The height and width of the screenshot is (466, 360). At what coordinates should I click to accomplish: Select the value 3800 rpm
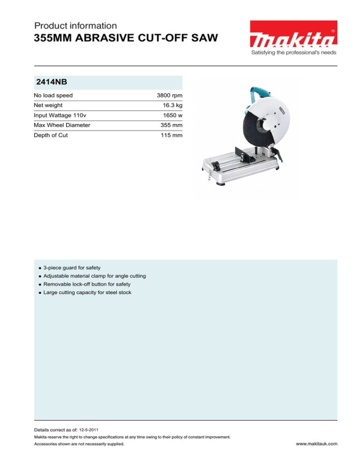169,96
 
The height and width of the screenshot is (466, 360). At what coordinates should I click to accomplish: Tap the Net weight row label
48,106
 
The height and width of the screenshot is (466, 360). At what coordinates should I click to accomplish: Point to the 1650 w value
172,116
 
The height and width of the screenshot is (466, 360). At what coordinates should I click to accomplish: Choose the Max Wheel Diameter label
62,126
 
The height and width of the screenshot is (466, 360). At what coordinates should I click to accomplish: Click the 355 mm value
171,126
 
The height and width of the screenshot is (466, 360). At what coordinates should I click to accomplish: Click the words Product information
75,26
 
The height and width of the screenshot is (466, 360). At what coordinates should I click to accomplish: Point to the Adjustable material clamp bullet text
94,276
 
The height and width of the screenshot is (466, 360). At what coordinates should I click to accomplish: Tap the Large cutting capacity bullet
87,293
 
